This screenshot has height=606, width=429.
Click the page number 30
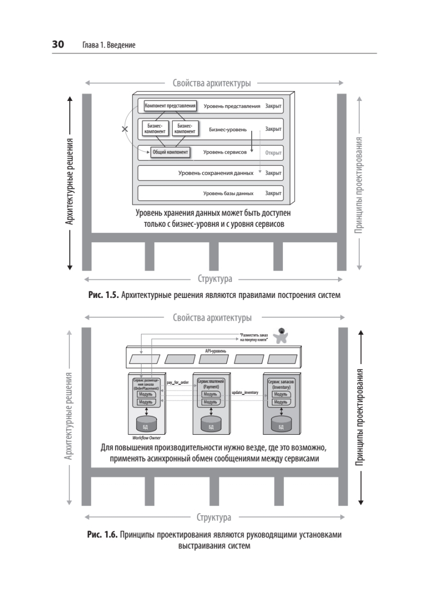(x=58, y=44)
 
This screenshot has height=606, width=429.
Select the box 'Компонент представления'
(x=170, y=106)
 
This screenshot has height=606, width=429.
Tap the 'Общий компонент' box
(x=170, y=152)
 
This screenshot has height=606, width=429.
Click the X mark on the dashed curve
(x=125, y=129)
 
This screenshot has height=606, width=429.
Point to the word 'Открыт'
(x=273, y=153)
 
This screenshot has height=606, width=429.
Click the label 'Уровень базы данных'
(x=228, y=193)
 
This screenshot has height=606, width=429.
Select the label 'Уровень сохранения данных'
(x=216, y=173)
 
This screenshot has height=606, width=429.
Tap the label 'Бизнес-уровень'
(x=227, y=130)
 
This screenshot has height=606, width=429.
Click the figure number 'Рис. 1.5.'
(x=104, y=295)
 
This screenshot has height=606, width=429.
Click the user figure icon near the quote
(x=280, y=335)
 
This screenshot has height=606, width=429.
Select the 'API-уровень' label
(x=215, y=351)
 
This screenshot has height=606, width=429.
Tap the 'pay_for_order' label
(x=178, y=382)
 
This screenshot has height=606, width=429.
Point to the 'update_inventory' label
(x=245, y=392)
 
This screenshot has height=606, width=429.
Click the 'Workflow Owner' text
(x=147, y=438)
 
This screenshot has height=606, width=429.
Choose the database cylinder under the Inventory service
(x=281, y=424)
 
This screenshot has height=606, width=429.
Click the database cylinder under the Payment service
(x=211, y=424)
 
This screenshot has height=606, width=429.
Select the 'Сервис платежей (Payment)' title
(x=211, y=384)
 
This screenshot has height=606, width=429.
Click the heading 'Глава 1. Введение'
(x=109, y=45)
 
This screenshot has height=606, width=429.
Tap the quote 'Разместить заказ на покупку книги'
(x=254, y=337)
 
